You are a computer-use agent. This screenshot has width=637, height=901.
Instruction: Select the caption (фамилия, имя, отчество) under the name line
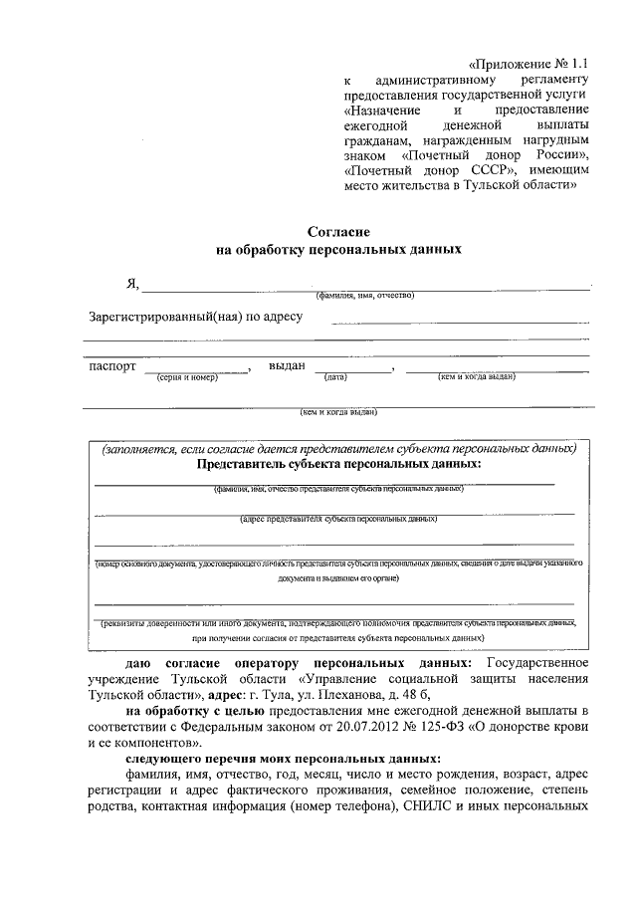(x=364, y=296)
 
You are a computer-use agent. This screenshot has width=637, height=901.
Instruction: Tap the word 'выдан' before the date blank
(x=287, y=366)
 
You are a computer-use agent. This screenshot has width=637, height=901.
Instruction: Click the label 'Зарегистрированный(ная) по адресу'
(x=195, y=318)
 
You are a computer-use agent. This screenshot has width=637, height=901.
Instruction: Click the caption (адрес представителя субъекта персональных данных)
(x=338, y=519)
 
